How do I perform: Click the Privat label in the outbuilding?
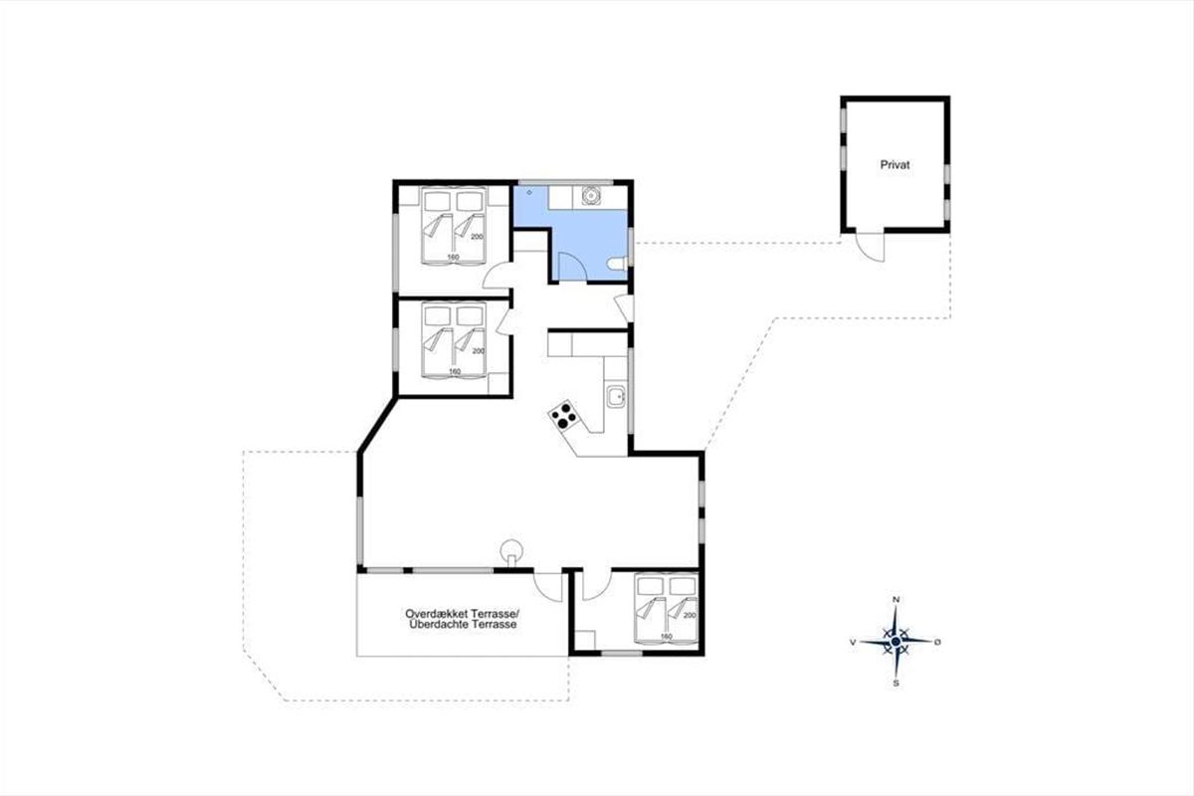point(895,165)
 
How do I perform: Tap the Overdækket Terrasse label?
point(462,613)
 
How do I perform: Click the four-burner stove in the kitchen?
point(563,416)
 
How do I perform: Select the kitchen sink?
point(616,396)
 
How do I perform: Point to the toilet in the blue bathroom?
point(618,264)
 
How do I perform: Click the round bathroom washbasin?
point(590,195)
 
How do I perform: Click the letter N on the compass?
point(896,600)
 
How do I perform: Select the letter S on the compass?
point(896,683)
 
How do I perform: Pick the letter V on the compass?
point(853,643)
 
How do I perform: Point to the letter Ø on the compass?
point(937,642)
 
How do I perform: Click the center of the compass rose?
point(896,641)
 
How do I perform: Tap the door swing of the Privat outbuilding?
point(870,247)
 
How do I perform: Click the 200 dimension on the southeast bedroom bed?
point(690,615)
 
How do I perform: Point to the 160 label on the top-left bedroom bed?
point(453,258)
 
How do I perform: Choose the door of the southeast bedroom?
point(596,585)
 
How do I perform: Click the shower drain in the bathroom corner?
point(529,192)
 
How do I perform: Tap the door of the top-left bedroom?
point(497,277)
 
